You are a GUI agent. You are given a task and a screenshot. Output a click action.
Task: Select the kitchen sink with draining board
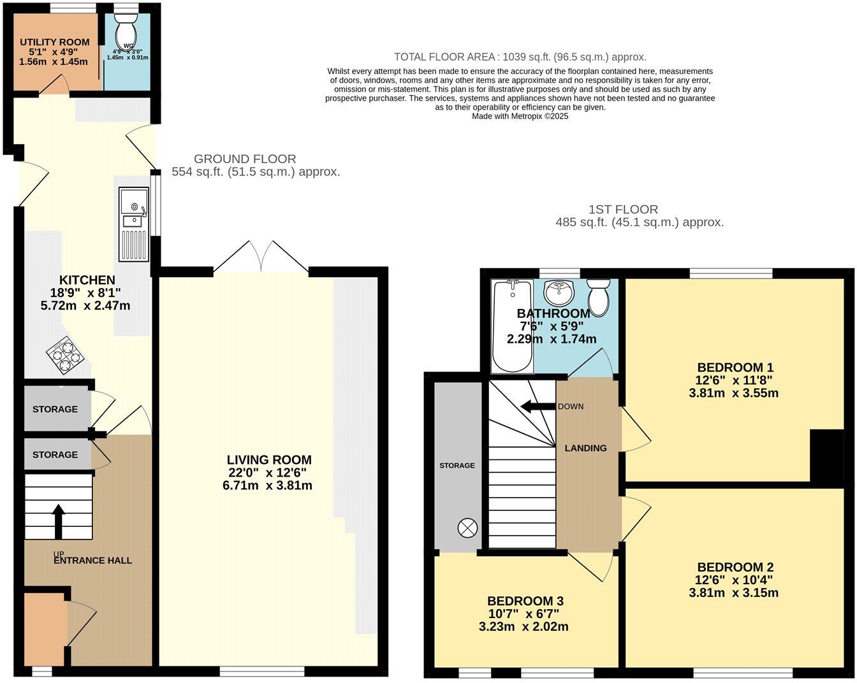click(133, 226)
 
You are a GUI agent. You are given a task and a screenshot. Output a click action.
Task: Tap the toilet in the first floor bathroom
click(598, 297)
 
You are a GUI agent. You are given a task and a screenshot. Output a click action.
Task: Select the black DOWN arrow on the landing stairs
click(536, 406)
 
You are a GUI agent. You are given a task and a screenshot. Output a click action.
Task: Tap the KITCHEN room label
click(87, 280)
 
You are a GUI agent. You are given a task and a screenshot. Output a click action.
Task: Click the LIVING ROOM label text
click(269, 460)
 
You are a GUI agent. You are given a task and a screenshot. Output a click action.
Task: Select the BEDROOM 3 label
click(525, 601)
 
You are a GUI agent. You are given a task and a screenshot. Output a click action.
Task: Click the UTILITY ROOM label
click(54, 42)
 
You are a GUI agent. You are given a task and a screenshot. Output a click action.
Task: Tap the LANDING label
click(585, 448)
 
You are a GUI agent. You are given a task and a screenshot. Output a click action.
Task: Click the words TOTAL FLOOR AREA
click(445, 57)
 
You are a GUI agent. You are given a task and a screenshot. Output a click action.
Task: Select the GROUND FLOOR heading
click(245, 159)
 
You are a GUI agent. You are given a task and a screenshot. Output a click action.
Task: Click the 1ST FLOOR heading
click(623, 210)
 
